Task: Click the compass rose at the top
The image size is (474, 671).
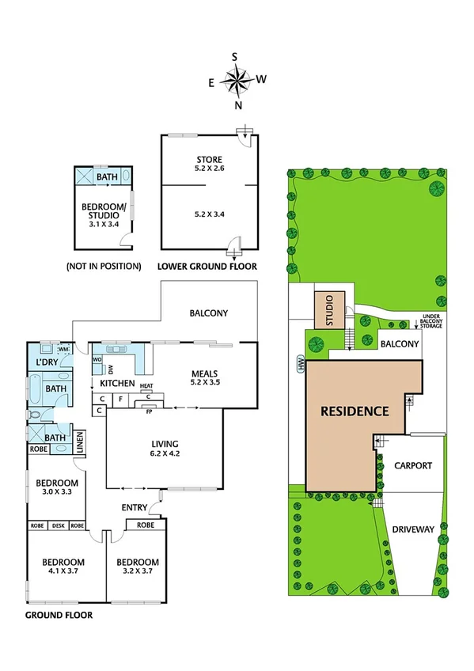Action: click(235, 80)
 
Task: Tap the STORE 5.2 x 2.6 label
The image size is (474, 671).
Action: click(209, 164)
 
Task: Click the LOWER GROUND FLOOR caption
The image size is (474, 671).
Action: click(207, 267)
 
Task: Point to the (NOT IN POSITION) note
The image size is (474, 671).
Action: click(104, 267)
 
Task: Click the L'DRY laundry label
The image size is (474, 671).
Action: click(48, 362)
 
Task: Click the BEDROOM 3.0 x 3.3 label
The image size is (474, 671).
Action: click(56, 487)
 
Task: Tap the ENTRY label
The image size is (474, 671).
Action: click(135, 507)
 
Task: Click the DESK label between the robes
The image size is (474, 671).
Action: click(57, 525)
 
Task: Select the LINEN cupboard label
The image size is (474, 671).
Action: click(79, 441)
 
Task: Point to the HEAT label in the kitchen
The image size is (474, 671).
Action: click(146, 386)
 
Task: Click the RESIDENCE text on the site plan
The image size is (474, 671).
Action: click(355, 411)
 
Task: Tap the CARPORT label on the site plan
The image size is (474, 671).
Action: click(413, 465)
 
